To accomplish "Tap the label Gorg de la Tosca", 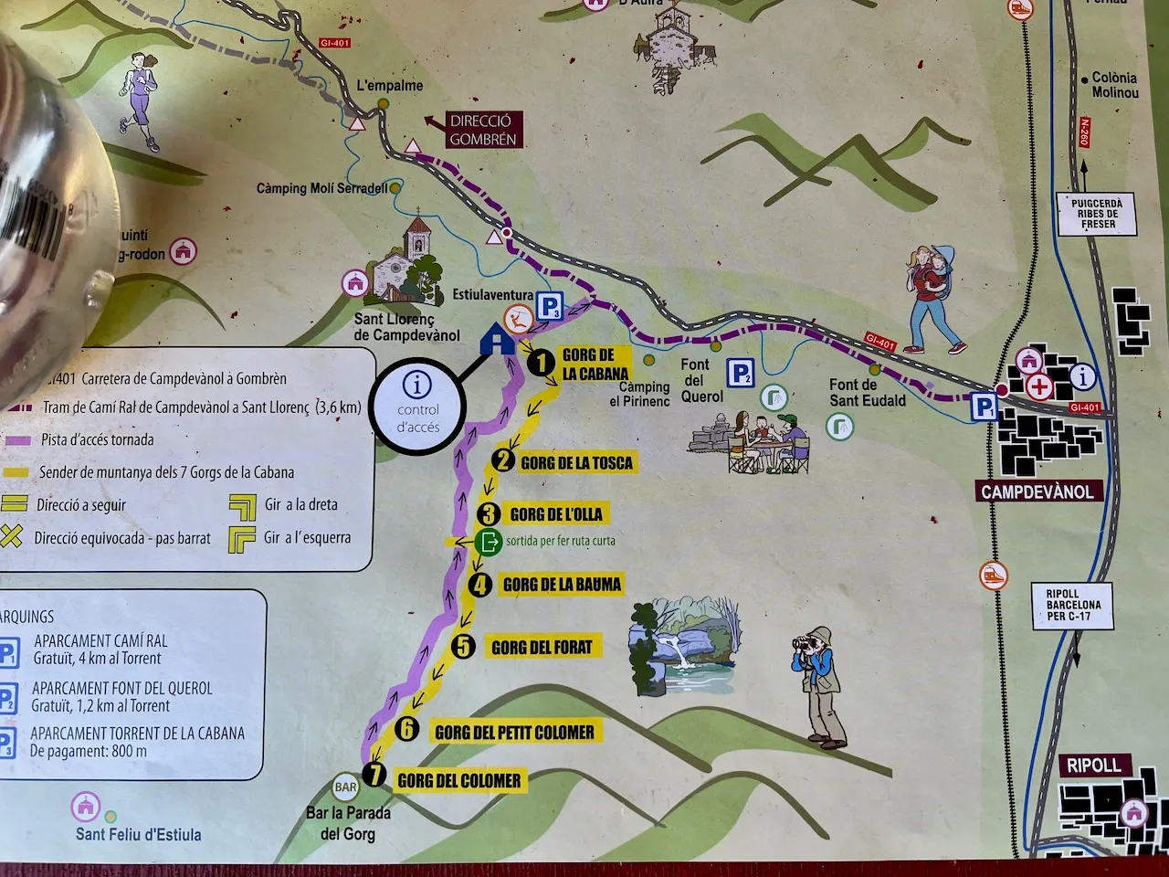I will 576,462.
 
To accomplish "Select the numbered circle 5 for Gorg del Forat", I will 464,647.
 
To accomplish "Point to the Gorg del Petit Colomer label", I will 514,732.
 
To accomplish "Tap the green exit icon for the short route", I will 489,541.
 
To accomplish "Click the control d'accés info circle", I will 418,407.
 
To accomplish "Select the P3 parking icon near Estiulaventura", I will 549,307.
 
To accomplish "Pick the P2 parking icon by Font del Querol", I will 741,373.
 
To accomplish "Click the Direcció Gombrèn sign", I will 482,131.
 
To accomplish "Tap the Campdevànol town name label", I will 1037,491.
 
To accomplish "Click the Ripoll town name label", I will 1093,766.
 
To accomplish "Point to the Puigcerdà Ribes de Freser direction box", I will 1097,214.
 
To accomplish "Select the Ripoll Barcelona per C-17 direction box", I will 1073,605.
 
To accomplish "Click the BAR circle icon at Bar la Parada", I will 346,787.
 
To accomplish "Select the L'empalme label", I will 389,86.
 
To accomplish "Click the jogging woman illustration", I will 139,99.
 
